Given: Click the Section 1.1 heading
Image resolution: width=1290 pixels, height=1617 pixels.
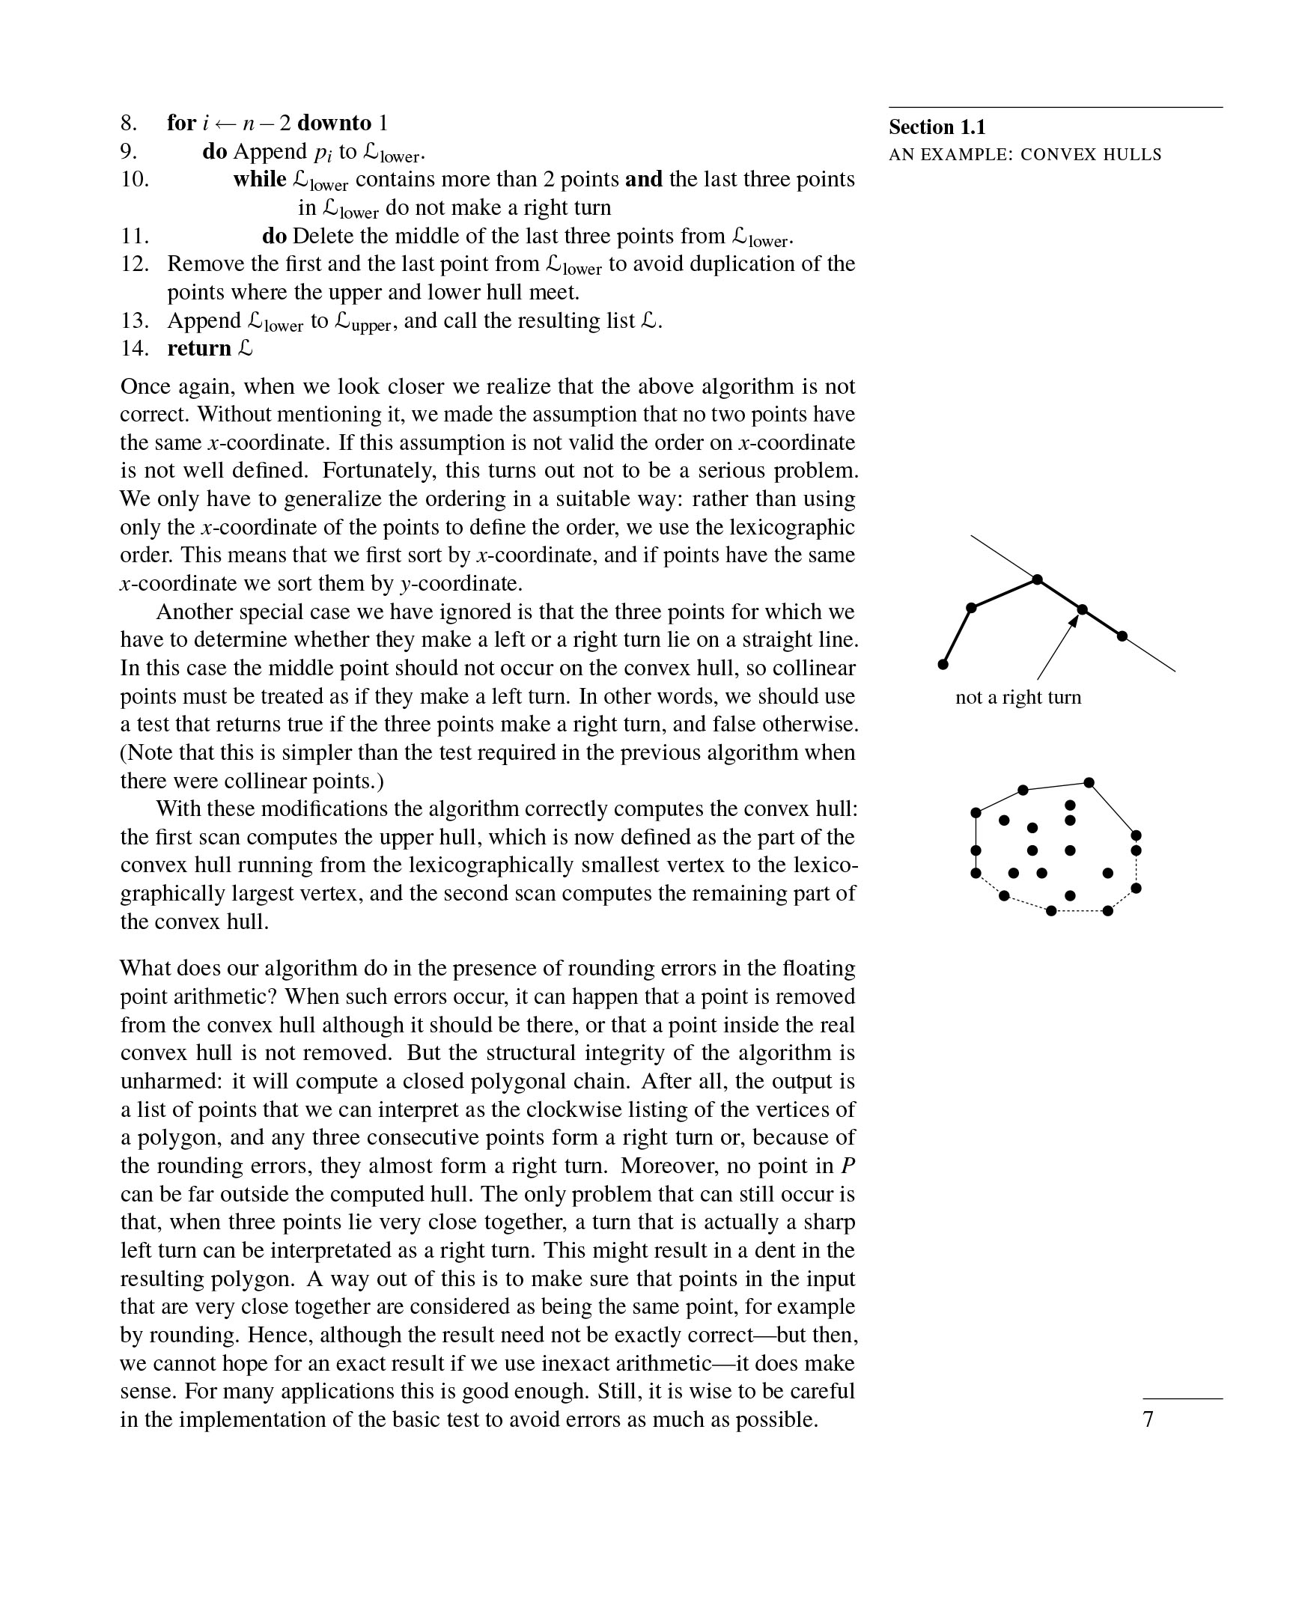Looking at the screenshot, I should (937, 127).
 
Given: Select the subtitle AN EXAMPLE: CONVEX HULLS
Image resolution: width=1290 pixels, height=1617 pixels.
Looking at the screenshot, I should (1024, 155).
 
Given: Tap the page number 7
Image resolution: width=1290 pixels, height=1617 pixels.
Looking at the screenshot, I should (1148, 1419).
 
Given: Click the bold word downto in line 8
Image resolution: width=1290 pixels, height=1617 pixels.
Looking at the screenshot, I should (335, 123).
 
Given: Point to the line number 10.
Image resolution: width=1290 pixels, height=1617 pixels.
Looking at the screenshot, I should (135, 179).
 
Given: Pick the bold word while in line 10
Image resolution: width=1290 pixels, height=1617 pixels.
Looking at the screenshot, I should (260, 179).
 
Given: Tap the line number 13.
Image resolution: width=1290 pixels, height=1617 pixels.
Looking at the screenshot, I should (135, 320).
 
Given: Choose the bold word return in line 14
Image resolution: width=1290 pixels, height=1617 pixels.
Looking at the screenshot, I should (198, 349).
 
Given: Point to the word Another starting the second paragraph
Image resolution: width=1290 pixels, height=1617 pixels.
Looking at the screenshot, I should (195, 612).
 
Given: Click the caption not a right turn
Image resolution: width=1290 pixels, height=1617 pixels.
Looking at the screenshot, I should (1017, 698).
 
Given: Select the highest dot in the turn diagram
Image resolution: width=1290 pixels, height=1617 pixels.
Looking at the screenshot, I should (1037, 579).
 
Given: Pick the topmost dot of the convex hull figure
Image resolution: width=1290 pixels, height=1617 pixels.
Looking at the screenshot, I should (1089, 782).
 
